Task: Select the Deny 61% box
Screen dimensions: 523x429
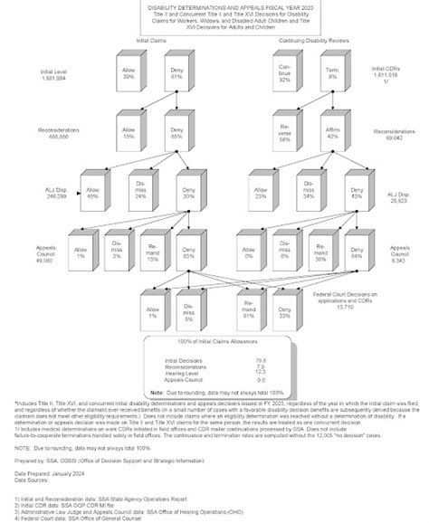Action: [173, 73]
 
